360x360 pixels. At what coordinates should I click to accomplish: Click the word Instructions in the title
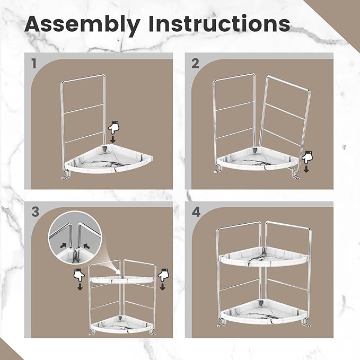pyautogui.click(x=219, y=23)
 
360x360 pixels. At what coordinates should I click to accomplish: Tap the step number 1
pyautogui.click(x=34, y=64)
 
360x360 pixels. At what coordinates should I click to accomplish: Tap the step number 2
pyautogui.click(x=195, y=64)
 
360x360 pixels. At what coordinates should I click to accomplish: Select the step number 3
pyautogui.click(x=36, y=212)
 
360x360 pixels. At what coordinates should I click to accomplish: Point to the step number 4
pyautogui.click(x=196, y=212)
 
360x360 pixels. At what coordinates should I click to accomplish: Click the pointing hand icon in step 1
pyautogui.click(x=114, y=128)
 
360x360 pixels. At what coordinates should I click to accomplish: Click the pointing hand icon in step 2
pyautogui.click(x=307, y=157)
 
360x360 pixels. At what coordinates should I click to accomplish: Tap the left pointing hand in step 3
pyautogui.click(x=79, y=275)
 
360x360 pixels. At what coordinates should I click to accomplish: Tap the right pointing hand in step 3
pyautogui.click(x=163, y=275)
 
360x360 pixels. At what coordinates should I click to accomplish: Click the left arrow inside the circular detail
pyautogui.click(x=64, y=245)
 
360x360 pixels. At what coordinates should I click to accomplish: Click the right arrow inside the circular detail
pyautogui.click(x=86, y=246)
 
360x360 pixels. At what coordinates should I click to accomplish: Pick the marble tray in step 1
pyautogui.click(x=109, y=159)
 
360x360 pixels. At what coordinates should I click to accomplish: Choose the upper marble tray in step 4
pyautogui.click(x=263, y=257)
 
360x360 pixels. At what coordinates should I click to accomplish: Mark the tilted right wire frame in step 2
pyautogui.click(x=285, y=124)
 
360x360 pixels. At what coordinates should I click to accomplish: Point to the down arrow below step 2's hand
pyautogui.click(x=306, y=169)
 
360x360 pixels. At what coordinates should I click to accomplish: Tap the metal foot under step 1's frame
pyautogui.click(x=65, y=176)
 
